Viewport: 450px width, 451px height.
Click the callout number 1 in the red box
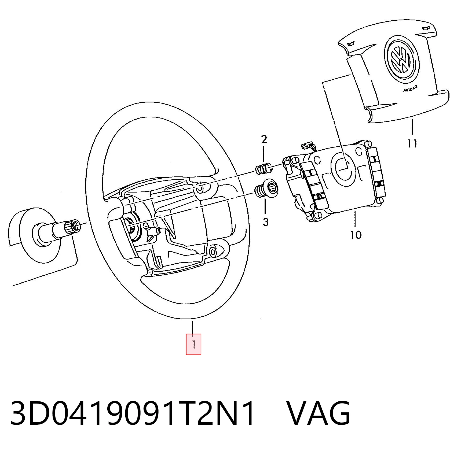pos(193,344)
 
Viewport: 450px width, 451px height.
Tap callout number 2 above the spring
pos(264,139)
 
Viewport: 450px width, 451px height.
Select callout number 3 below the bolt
pos(265,222)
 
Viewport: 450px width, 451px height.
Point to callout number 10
pos(356,235)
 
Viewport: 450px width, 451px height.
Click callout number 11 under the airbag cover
pos(412,143)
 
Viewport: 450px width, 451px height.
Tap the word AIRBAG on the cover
pos(410,89)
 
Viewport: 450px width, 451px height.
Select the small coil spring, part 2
pos(263,168)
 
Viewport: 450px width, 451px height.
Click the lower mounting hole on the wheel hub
pos(213,252)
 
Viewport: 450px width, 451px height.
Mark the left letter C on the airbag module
pos(317,160)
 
